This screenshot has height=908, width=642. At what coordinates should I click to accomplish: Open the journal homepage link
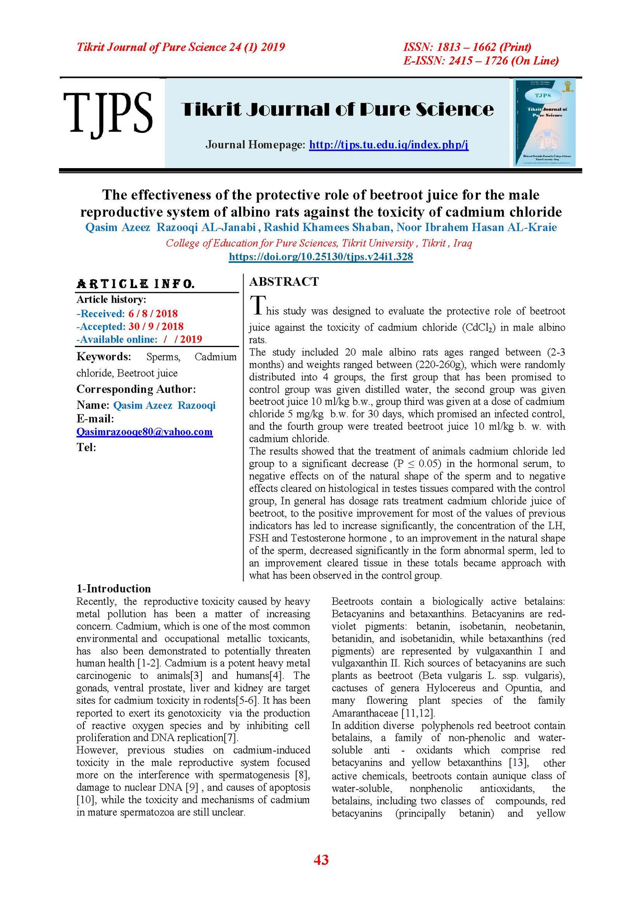pos(388,144)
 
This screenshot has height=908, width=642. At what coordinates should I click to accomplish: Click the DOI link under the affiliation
pos(321,257)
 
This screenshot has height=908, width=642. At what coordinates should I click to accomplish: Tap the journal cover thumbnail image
pos(544,122)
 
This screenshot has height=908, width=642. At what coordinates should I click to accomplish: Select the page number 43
pos(321,859)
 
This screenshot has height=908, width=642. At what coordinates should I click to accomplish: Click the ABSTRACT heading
pos(284,282)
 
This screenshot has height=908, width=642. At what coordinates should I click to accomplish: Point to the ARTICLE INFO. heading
pos(136,284)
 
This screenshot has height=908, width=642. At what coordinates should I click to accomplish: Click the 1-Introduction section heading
pos(114,589)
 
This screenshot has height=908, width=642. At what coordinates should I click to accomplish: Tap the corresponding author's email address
pos(144,432)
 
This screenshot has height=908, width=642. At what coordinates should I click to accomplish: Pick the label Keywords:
pos(104,357)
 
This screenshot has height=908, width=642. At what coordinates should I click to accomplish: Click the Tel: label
pos(86,447)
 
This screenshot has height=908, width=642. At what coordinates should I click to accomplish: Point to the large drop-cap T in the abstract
pos(258,306)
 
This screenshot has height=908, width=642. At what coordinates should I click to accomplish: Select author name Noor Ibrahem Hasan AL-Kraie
pos(476,228)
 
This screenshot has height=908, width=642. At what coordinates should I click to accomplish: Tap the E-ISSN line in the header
pos(481,61)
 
